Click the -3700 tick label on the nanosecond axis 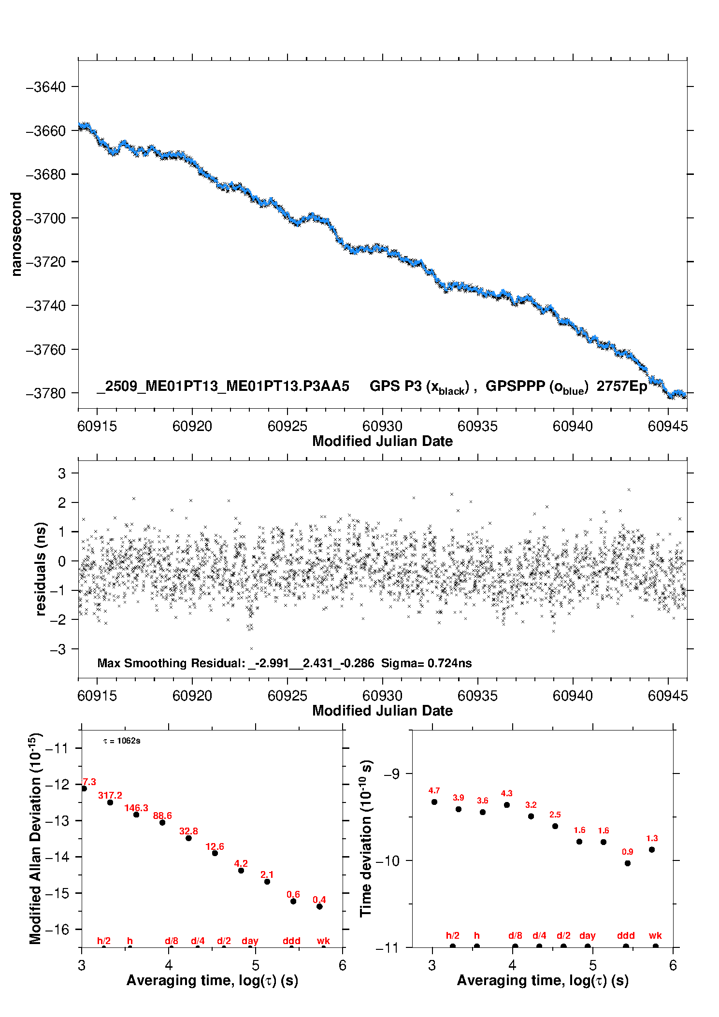pyautogui.click(x=46, y=218)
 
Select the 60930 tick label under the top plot pyautogui.click(x=382, y=426)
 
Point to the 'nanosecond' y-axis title pyautogui.click(x=16, y=234)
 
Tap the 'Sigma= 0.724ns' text pyautogui.click(x=426, y=663)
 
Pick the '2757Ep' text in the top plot pyautogui.click(x=621, y=386)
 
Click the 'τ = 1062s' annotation pyautogui.click(x=122, y=741)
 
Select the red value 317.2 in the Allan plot pyautogui.click(x=110, y=795)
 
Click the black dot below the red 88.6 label pyautogui.click(x=162, y=822)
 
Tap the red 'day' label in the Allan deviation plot pyautogui.click(x=250, y=941)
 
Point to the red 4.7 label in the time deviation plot pyautogui.click(x=434, y=790)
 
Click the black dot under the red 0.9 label pyautogui.click(x=628, y=863)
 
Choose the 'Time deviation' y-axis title pyautogui.click(x=366, y=839)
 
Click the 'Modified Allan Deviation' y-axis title pyautogui.click(x=35, y=838)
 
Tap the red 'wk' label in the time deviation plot pyautogui.click(x=655, y=935)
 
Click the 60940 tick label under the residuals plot pyautogui.click(x=573, y=696)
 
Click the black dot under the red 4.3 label pyautogui.click(x=507, y=805)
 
